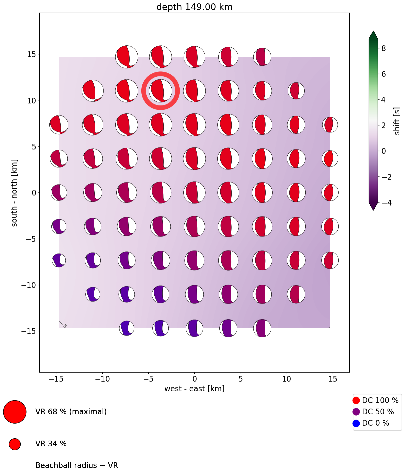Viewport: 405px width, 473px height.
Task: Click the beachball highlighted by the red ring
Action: tap(161, 91)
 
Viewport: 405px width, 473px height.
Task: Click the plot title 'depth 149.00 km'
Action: tap(194, 7)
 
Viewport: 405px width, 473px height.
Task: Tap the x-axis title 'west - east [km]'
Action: tap(194, 389)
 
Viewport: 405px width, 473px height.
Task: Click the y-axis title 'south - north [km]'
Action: tap(14, 193)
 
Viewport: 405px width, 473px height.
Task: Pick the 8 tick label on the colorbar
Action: tap(384, 48)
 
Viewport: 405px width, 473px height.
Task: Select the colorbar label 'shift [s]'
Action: tap(397, 121)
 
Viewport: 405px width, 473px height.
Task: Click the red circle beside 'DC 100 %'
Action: tap(356, 400)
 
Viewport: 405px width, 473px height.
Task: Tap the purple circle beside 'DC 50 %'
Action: tap(356, 412)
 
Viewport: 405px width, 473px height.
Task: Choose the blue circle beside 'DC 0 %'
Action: tap(356, 423)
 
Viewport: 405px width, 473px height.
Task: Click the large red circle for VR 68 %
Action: tap(15, 412)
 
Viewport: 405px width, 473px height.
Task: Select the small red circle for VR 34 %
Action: tap(15, 444)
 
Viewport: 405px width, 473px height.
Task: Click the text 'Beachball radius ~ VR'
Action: tap(77, 465)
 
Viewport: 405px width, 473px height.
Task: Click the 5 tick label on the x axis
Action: tap(240, 379)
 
